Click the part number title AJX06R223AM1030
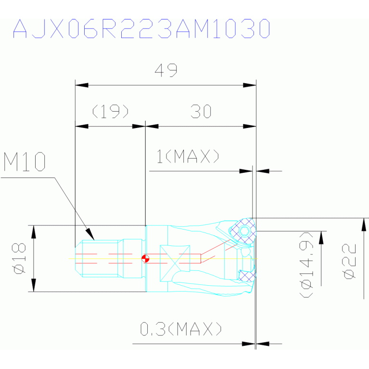[x=141, y=29]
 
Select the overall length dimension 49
[x=166, y=70]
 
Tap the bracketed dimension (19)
[x=110, y=112]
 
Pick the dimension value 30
[x=201, y=112]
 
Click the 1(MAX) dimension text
[x=188, y=156]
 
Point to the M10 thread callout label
[x=25, y=162]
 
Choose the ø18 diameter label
[x=19, y=258]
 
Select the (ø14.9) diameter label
[x=306, y=264]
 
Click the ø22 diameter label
[x=350, y=261]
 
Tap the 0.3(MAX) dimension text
[x=181, y=330]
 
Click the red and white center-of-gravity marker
[x=145, y=258]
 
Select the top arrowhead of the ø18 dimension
[x=34, y=231]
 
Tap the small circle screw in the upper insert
[x=245, y=231]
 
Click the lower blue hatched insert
[x=246, y=276]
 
